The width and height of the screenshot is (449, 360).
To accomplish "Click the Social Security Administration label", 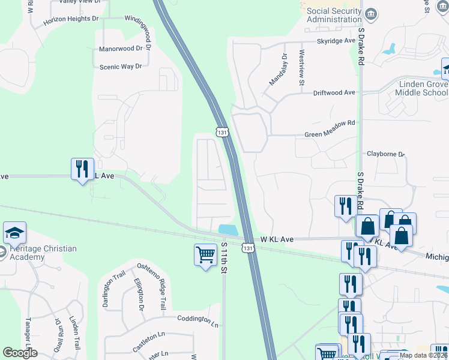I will pyautogui.click(x=334, y=15).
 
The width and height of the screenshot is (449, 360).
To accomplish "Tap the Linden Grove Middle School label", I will pyautogui.click(x=423, y=88).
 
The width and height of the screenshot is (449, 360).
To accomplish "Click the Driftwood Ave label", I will pyautogui.click(x=334, y=93).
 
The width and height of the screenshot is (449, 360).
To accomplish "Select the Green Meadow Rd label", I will pyautogui.click(x=330, y=124).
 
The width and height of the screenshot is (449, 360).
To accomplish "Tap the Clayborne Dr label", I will pyautogui.click(x=386, y=154).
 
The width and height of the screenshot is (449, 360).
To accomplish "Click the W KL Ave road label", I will pyautogui.click(x=277, y=239).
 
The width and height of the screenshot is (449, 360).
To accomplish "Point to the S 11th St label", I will pyautogui.click(x=224, y=258).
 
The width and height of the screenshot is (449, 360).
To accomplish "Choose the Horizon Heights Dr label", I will pyautogui.click(x=70, y=19).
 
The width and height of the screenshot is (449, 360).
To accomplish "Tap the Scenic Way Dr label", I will pyautogui.click(x=120, y=66).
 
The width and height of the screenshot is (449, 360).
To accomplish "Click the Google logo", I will pyautogui.click(x=20, y=353).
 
